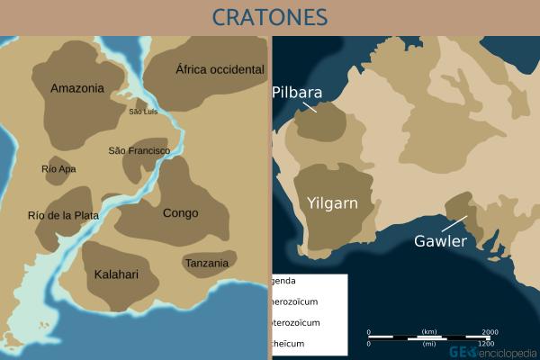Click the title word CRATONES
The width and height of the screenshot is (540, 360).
click(270, 17)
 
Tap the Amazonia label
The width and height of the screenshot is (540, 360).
click(77, 88)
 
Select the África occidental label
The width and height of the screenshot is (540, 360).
click(220, 69)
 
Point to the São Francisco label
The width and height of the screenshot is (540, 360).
click(139, 150)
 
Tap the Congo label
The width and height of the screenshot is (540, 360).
click(180, 213)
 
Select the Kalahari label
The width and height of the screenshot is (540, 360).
click(116, 274)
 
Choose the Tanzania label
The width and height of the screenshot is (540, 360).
click(210, 262)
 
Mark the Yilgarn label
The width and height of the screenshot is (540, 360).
click(332, 202)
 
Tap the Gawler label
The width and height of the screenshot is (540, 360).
click(440, 241)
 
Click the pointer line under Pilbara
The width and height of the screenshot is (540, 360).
click(310, 107)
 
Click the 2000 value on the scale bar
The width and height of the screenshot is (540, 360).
click(490, 331)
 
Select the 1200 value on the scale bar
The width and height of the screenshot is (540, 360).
click(486, 344)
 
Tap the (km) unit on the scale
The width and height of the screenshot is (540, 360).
click(429, 331)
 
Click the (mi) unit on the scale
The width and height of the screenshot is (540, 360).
click(429, 344)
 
